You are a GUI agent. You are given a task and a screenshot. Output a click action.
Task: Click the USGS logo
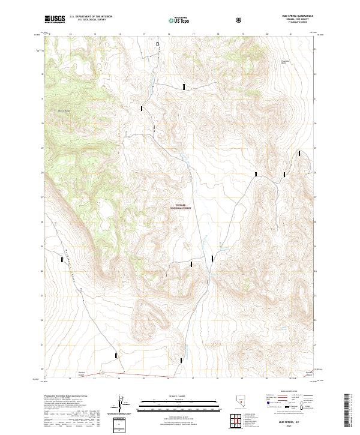pos(55,20)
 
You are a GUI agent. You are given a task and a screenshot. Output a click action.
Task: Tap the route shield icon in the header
pos(239,20)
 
